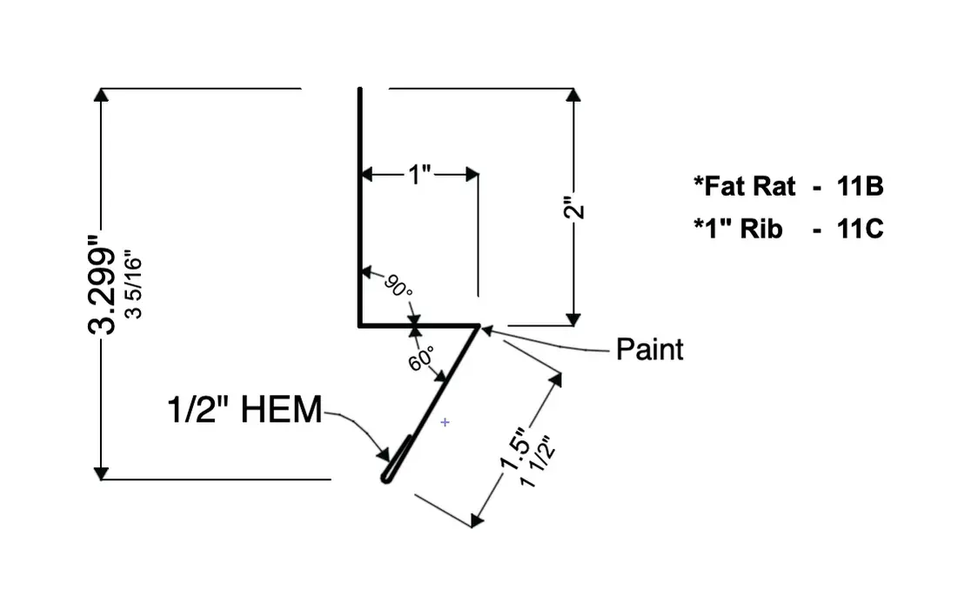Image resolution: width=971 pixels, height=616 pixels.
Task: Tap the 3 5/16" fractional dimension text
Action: [133, 285]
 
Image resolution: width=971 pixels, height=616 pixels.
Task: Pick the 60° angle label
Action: [421, 357]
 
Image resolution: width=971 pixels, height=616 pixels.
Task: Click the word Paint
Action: [649, 349]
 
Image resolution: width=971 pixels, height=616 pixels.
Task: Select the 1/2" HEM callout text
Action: [244, 409]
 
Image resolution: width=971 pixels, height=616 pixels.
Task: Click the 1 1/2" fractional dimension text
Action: [536, 461]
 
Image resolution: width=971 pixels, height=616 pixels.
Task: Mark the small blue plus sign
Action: [445, 422]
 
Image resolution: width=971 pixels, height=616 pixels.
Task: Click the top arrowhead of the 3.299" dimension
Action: [102, 95]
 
